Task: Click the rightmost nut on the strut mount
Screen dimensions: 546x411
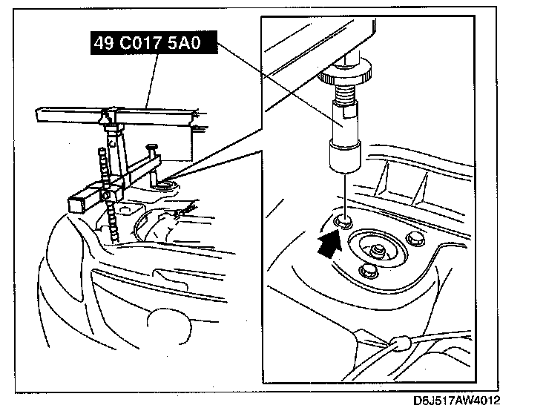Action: coord(412,239)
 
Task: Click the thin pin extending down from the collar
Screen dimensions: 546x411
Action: coord(344,193)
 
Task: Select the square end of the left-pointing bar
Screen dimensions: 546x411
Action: coord(77,200)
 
